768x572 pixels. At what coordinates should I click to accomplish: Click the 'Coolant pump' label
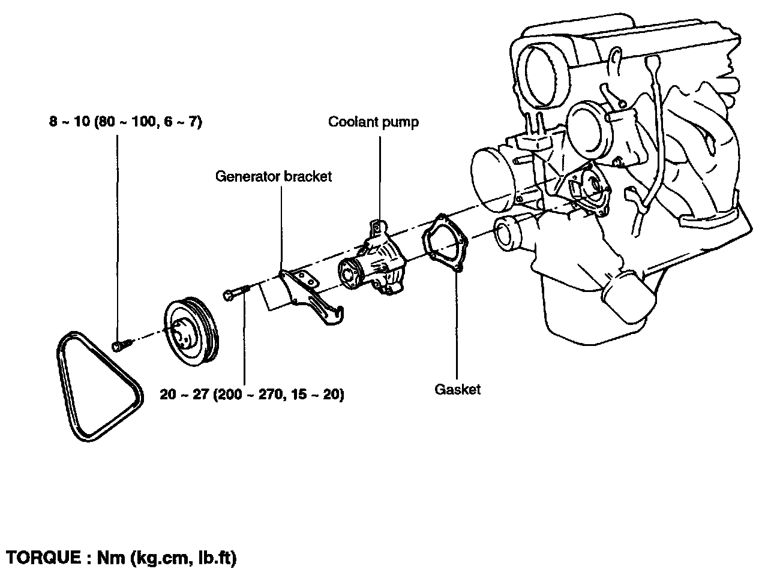point(373,122)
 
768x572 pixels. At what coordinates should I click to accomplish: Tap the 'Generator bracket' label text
point(273,176)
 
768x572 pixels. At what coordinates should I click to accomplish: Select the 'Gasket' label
point(457,389)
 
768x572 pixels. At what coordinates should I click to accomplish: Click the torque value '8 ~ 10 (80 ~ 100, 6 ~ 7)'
point(125,122)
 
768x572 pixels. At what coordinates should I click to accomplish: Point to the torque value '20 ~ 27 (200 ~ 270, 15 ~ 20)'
point(252,395)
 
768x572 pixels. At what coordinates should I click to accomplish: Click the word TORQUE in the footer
point(44,558)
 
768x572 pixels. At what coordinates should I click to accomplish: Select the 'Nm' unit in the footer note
point(111,558)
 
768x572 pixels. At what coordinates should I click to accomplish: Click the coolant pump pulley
point(191,332)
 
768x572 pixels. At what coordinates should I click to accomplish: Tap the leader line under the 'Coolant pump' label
point(380,178)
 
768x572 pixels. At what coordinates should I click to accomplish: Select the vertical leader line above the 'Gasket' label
point(457,324)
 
